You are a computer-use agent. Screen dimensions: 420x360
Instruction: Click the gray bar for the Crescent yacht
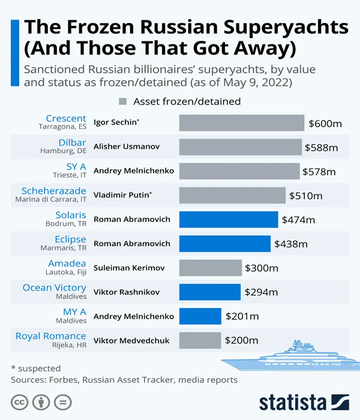click(241, 123)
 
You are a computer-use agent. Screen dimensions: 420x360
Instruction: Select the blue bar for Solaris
click(228, 220)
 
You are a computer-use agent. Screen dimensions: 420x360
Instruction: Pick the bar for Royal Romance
click(200, 340)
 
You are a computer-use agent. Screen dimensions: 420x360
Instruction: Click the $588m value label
click(321, 147)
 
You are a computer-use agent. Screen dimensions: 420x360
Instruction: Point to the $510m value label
click(305, 196)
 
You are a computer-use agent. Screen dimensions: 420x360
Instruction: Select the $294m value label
click(261, 292)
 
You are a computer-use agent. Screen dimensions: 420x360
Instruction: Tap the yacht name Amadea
click(67, 263)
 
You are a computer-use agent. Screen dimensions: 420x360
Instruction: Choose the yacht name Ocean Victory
click(54, 287)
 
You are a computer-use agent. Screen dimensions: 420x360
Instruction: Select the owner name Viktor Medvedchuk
click(131, 341)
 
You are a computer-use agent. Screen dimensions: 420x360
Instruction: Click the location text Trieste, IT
click(67, 175)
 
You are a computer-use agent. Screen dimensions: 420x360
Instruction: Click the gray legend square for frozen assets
click(124, 101)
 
